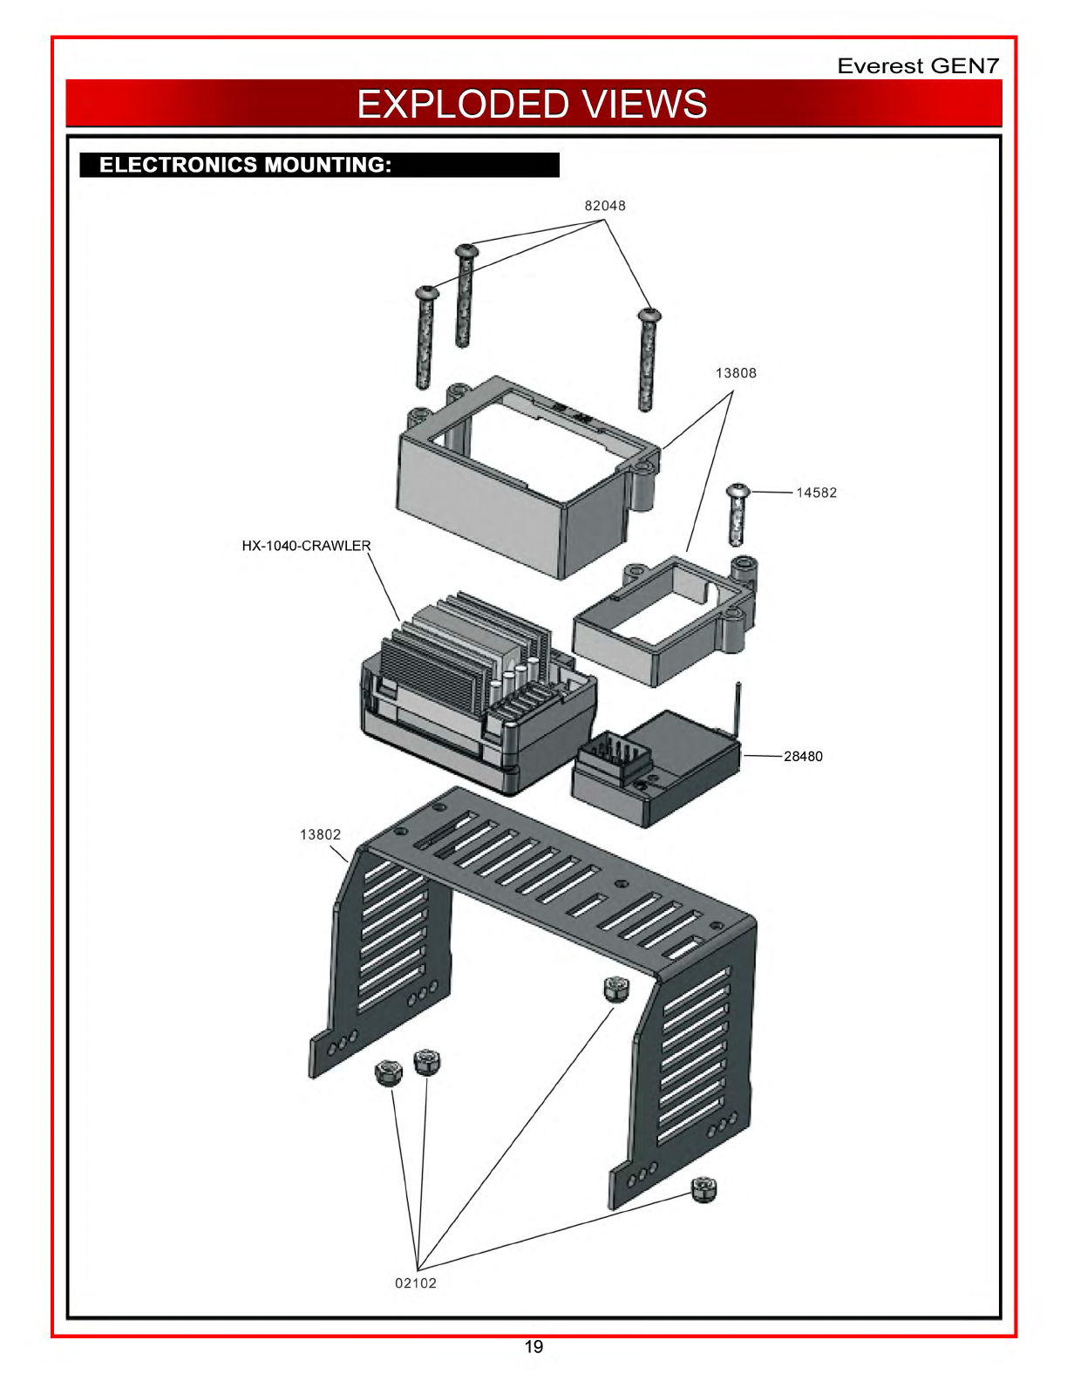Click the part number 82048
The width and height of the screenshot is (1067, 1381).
point(604,205)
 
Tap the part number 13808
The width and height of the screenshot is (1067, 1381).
point(735,373)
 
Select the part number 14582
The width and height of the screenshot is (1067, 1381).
point(816,493)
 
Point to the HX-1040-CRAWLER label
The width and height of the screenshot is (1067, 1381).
point(306,545)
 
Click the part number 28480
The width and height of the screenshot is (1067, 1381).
point(803,756)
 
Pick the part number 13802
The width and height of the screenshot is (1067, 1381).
point(320,834)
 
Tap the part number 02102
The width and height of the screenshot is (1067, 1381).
point(416,1283)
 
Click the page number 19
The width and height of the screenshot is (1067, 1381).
point(533,1347)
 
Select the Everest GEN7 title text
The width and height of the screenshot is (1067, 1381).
point(918,65)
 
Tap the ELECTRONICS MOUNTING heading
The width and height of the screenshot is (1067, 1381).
point(245,165)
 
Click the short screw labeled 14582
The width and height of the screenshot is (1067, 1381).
point(737,514)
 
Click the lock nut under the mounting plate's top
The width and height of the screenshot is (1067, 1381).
point(615,989)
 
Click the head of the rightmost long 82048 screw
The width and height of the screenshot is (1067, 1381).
point(649,315)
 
